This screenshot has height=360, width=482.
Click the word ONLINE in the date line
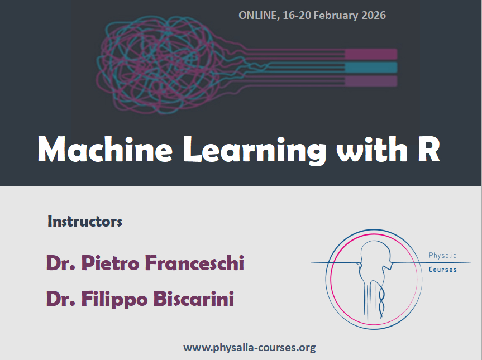click(x=259, y=16)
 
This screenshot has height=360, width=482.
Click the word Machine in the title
click(x=105, y=149)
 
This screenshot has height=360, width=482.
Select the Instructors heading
click(x=85, y=222)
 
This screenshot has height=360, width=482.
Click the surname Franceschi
click(x=194, y=263)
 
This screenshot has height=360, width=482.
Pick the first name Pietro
click(x=110, y=263)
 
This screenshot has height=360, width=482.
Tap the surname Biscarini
click(x=194, y=299)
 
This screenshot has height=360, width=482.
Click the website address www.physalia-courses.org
click(x=249, y=348)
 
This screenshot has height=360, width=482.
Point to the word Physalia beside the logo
click(x=443, y=256)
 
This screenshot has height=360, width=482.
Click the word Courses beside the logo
click(x=443, y=270)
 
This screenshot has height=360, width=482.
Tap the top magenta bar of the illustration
click(x=371, y=54)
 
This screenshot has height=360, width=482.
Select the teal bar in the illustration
click(x=371, y=68)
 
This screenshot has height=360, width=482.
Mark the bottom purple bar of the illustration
click(x=371, y=81)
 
